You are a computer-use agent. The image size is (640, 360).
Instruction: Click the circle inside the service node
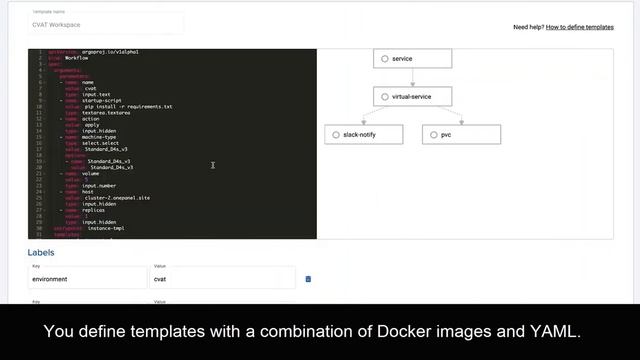pos(385,59)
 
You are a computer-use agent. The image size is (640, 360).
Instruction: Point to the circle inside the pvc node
pos(432,134)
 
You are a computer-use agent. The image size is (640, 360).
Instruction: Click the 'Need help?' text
pos(528,27)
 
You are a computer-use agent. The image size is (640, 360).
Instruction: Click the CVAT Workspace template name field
pos(105,24)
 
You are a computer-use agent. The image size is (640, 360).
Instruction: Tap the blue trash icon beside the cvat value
pos(308,279)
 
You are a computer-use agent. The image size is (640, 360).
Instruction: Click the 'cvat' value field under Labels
pos(223,279)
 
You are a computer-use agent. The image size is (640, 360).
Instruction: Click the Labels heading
pos(41,253)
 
